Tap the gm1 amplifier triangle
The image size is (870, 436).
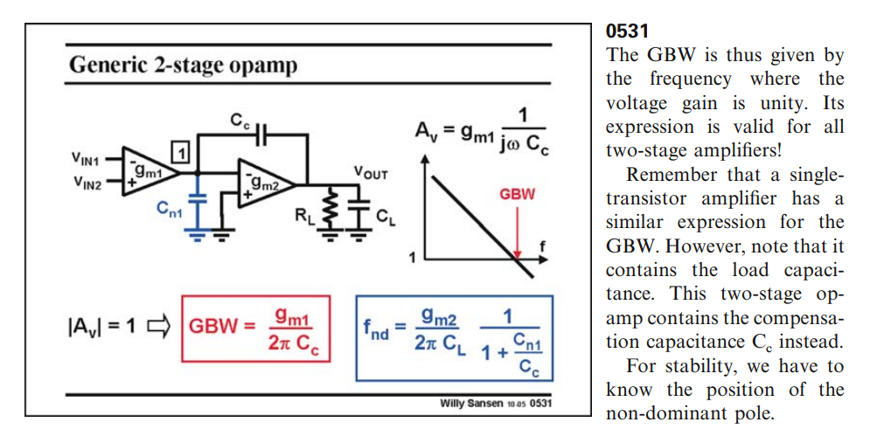click(148, 173)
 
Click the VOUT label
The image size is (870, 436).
click(370, 173)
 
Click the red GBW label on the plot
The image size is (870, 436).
click(517, 193)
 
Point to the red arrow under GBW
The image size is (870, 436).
click(517, 232)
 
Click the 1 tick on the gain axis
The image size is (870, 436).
click(412, 259)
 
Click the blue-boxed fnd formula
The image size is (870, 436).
click(454, 336)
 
